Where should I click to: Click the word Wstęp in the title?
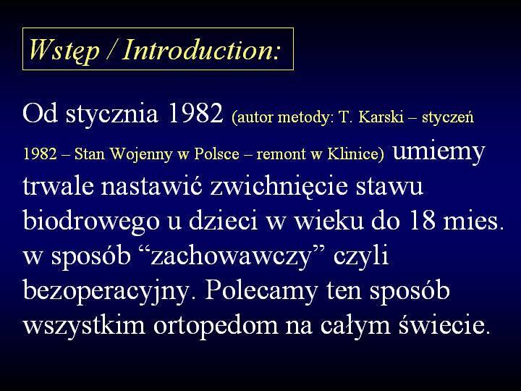[64, 51]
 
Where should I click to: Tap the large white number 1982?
[195, 113]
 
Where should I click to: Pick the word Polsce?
[216, 154]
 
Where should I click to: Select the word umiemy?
[439, 153]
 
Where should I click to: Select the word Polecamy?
[261, 290]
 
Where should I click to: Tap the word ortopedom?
[216, 326]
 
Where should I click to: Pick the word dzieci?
[224, 219]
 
